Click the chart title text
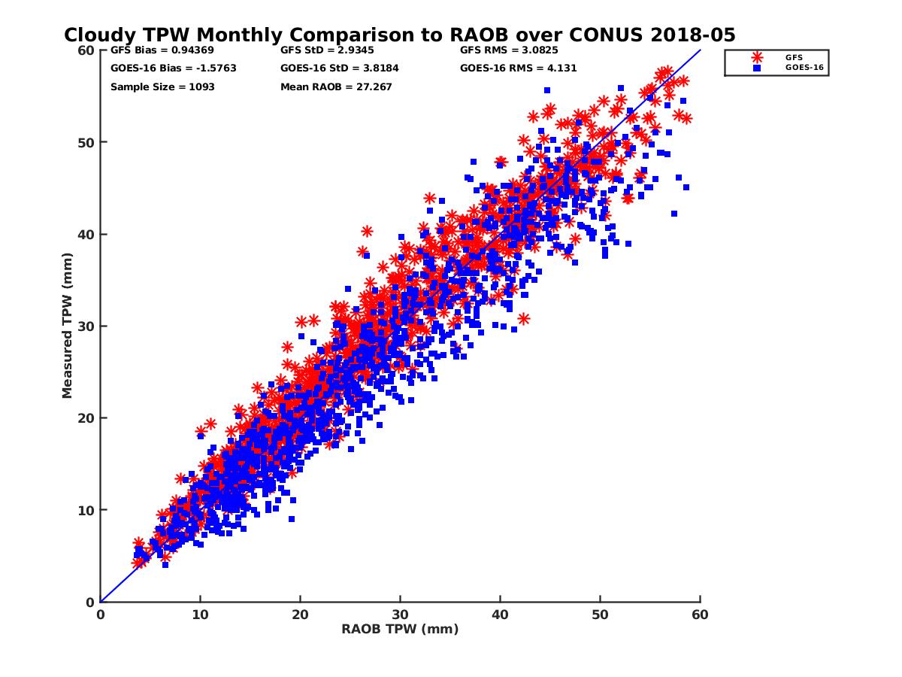[399, 35]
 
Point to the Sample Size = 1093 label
[162, 87]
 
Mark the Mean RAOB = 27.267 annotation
[336, 87]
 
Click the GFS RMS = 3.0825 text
[509, 50]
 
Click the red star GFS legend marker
[757, 57]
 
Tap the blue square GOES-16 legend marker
[757, 68]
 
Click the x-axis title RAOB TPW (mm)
[400, 629]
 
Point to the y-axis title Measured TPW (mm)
[68, 326]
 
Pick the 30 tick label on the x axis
[400, 615]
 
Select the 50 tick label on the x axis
[600, 615]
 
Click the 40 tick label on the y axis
[86, 234]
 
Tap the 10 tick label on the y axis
[86, 510]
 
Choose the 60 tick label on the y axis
[86, 50]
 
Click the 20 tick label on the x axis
[300, 615]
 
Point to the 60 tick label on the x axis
[700, 615]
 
